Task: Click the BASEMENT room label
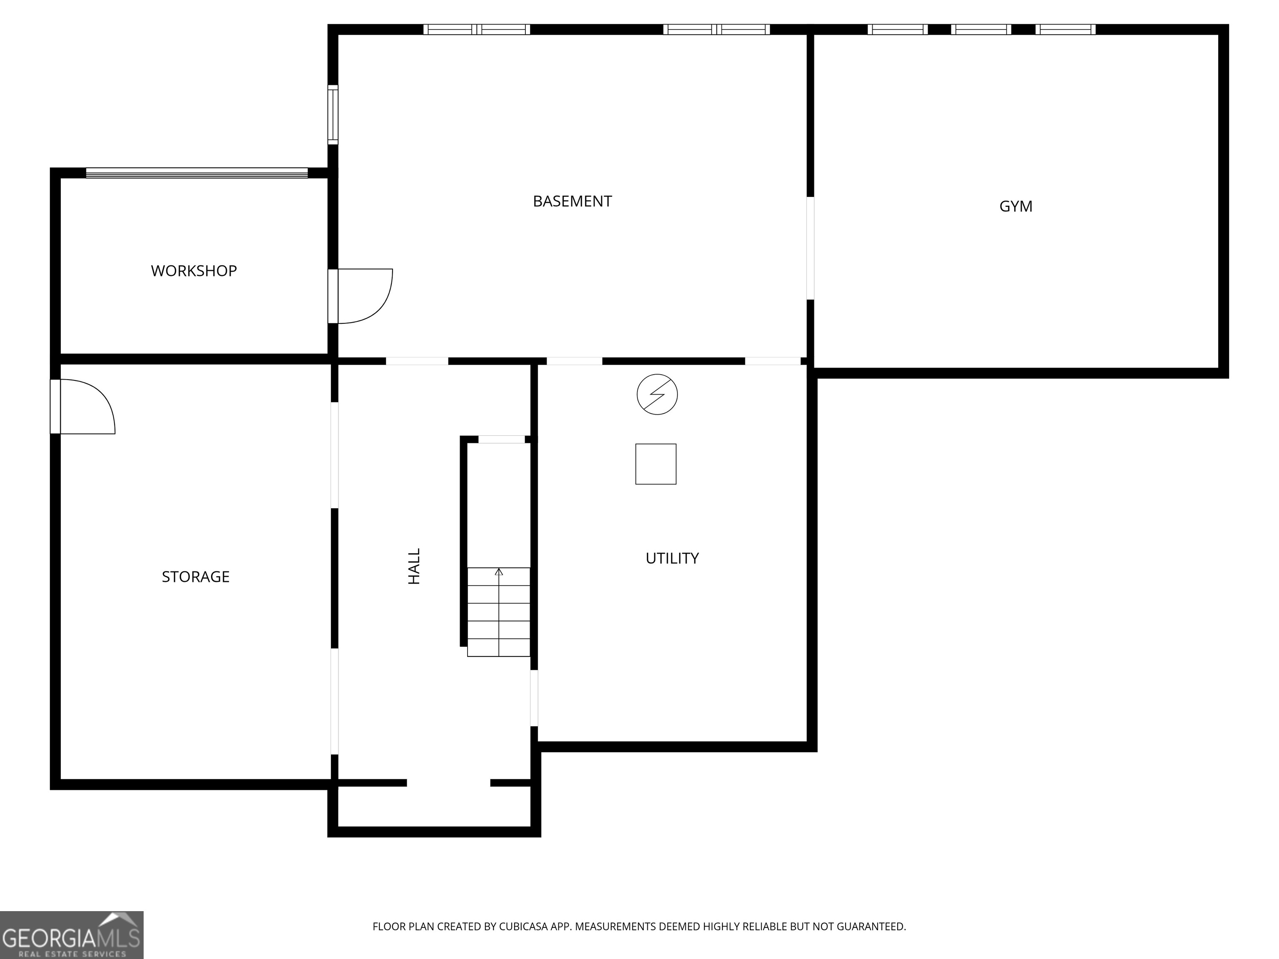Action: [572, 201]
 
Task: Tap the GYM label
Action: [1015, 206]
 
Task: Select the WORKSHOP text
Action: [194, 271]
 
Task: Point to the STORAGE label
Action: [195, 576]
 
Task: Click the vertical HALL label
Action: [414, 566]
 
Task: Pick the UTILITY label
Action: [672, 558]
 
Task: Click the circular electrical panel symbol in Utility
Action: [657, 394]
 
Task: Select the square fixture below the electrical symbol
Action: [656, 464]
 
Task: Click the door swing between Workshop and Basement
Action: [361, 296]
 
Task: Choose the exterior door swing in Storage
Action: [85, 406]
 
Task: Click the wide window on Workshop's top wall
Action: [197, 173]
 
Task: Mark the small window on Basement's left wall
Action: [333, 114]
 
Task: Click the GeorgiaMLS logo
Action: [71, 935]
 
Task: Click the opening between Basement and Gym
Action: [810, 248]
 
